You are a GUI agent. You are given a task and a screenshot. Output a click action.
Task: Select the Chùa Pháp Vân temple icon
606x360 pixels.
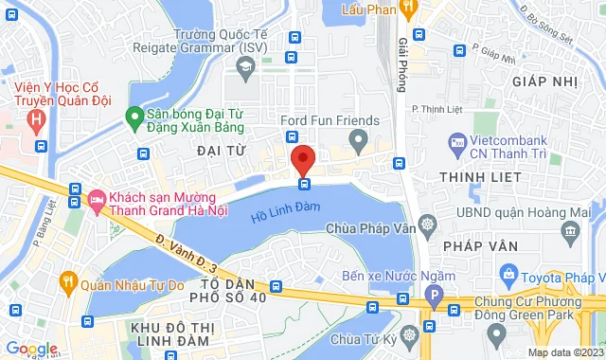(x=427, y=227)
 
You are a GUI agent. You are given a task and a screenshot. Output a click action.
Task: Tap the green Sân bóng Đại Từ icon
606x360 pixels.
(x=135, y=119)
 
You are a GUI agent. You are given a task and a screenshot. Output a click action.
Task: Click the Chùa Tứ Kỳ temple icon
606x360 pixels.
(x=407, y=335)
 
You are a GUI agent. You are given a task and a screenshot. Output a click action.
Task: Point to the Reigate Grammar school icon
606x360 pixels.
(x=245, y=66)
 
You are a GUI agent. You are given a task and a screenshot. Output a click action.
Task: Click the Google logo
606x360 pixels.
(x=31, y=349)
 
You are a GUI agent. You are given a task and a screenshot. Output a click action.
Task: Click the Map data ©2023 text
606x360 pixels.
(x=563, y=352)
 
